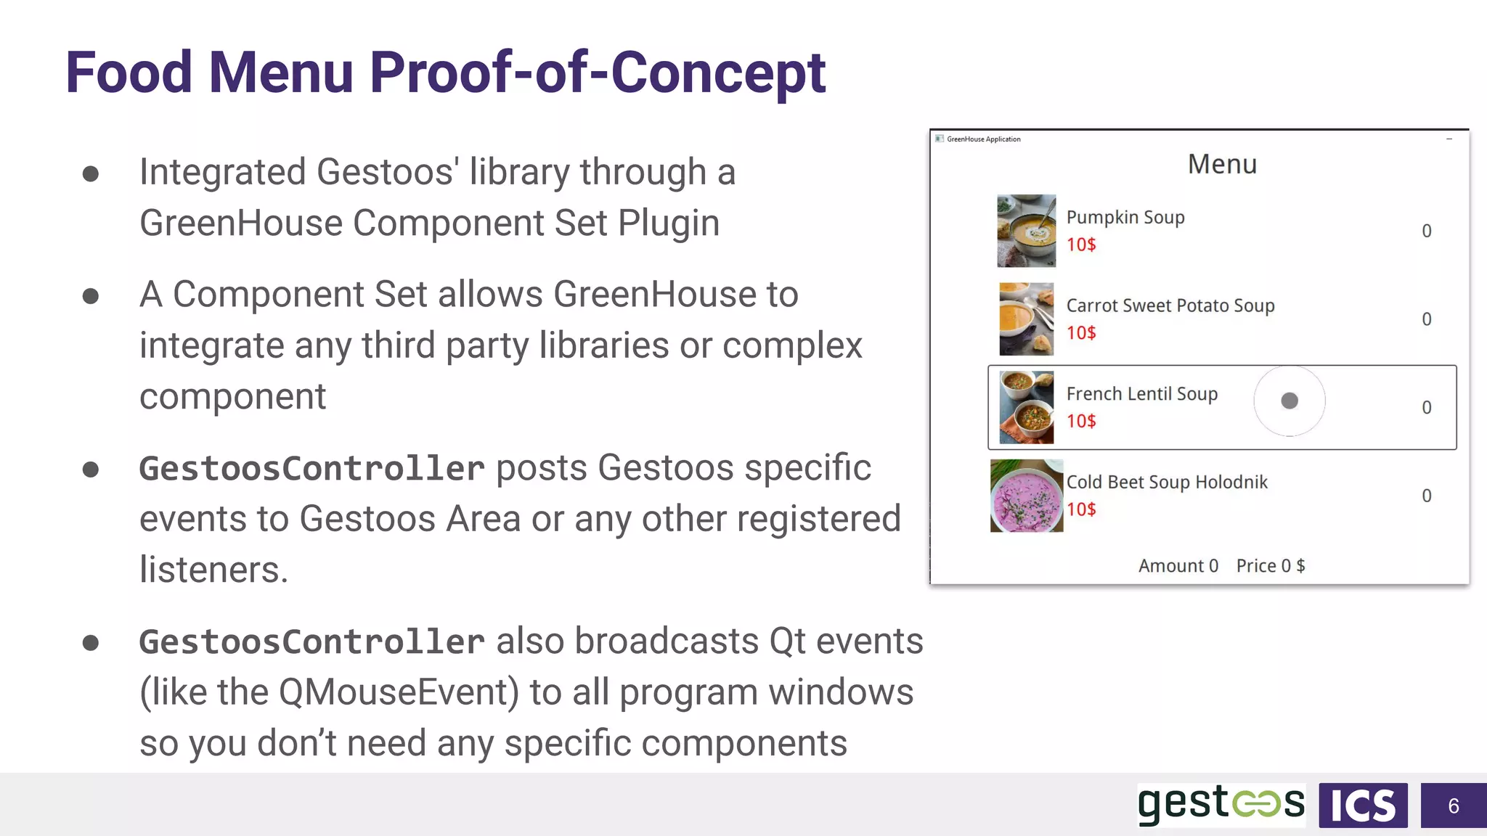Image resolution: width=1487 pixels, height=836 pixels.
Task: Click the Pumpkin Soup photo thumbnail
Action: tap(1026, 231)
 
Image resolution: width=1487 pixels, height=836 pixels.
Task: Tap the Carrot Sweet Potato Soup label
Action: tap(1170, 306)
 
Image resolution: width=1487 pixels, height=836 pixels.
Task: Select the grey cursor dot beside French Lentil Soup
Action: tap(1290, 401)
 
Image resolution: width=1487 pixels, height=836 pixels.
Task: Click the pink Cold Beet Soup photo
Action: tap(1026, 496)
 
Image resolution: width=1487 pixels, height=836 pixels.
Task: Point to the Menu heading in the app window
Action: tap(1222, 164)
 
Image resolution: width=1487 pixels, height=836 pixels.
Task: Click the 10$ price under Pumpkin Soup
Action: tap(1081, 245)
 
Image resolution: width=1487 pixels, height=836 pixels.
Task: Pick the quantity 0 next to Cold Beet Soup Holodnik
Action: tap(1426, 496)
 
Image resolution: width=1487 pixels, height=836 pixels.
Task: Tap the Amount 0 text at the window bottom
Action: tap(1178, 566)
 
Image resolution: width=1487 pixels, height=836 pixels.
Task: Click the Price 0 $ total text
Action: tap(1270, 566)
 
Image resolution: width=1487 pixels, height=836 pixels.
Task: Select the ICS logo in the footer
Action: tap(1363, 806)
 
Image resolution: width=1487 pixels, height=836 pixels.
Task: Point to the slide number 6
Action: tap(1453, 806)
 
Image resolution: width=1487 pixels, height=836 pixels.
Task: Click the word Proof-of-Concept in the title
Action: tap(597, 73)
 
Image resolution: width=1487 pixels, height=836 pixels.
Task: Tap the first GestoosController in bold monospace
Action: tap(311, 468)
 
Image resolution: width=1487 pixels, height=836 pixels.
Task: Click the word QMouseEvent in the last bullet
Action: tap(398, 692)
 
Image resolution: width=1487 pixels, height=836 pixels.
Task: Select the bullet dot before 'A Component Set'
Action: tap(91, 296)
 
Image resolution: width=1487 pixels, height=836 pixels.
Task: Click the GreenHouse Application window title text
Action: tap(983, 139)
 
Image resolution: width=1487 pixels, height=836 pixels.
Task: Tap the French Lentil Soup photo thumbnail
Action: tap(1026, 407)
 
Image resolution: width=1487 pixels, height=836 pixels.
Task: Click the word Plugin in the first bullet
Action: tap(668, 223)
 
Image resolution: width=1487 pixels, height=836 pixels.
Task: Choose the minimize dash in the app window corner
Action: tap(1449, 139)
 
